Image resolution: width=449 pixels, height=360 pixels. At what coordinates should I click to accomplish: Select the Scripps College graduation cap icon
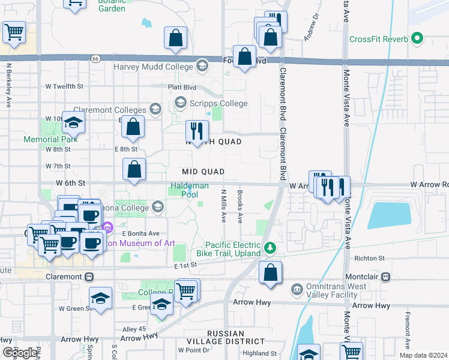click(179, 104)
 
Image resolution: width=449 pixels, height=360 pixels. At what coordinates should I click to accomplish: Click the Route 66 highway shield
click(96, 58)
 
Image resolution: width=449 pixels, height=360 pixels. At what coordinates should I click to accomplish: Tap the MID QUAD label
click(203, 172)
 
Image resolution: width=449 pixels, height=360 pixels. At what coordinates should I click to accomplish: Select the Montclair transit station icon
click(385, 277)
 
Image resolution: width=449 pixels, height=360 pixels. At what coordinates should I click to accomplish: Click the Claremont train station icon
click(89, 277)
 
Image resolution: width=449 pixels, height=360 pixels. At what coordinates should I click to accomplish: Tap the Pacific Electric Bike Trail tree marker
click(271, 247)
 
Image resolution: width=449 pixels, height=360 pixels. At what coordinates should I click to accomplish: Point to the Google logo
click(19, 353)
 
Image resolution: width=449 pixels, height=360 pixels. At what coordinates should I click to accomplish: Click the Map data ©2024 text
click(423, 355)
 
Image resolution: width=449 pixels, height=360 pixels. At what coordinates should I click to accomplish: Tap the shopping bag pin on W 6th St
click(134, 170)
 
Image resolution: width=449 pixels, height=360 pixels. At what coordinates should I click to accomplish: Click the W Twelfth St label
click(64, 86)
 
